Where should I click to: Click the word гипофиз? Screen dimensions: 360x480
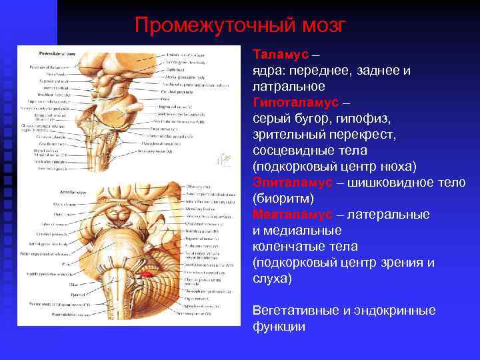pyautogui.click(x=357, y=119)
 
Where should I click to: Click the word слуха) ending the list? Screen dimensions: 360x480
pyautogui.click(x=272, y=279)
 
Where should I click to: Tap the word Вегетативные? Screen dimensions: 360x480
pyautogui.click(x=297, y=311)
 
